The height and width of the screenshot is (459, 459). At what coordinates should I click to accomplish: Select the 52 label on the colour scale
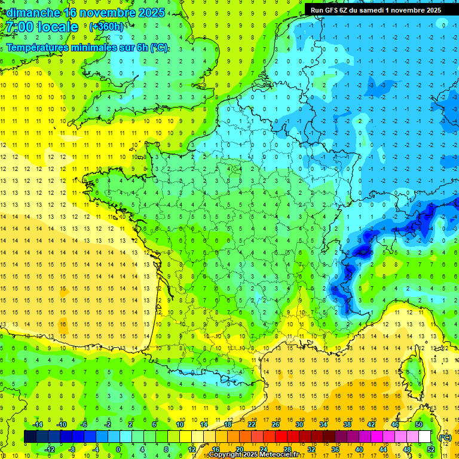pyautogui.click(x=430, y=449)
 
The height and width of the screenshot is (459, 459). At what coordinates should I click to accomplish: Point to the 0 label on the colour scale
pyautogui.click(x=118, y=449)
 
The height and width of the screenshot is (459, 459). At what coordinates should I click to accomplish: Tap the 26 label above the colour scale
pyautogui.click(x=276, y=424)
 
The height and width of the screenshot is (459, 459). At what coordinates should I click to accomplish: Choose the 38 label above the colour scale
pyautogui.click(x=347, y=424)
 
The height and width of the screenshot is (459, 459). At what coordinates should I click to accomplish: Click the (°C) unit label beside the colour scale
pyautogui.click(x=445, y=437)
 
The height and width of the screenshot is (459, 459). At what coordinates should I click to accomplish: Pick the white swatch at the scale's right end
pyautogui.click(x=425, y=437)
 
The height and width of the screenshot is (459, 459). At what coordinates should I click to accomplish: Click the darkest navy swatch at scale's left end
pyautogui.click(x=30, y=437)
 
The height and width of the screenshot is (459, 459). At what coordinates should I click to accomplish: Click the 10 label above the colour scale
pyautogui.click(x=180, y=424)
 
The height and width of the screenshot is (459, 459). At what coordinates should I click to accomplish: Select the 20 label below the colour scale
pyautogui.click(x=239, y=449)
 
